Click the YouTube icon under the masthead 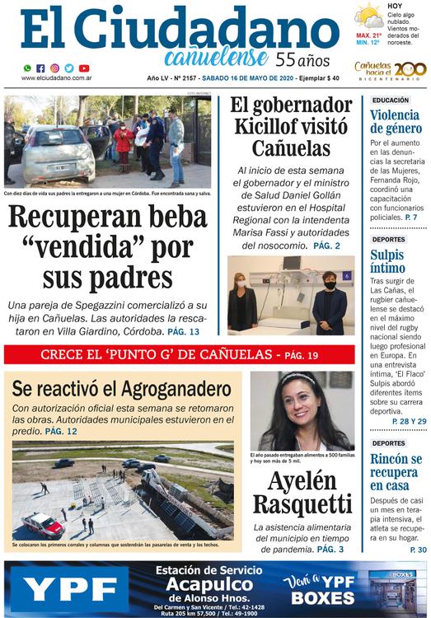83,68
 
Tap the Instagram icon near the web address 55,68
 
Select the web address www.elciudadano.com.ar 56,78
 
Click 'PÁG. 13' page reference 183,330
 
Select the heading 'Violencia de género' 396,123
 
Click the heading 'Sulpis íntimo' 387,263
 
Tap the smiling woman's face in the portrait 303,403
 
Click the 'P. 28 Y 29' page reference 409,422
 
